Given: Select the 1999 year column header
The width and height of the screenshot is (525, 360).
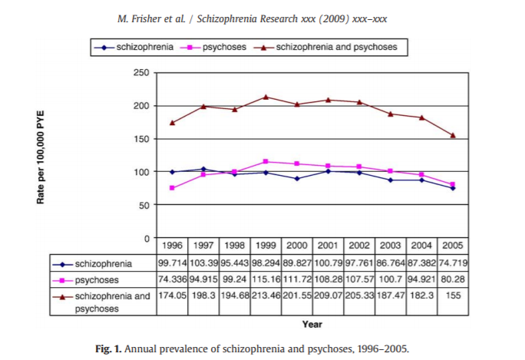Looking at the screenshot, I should (265, 246).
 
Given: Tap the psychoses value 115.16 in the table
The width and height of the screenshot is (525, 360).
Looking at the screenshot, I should (265, 279).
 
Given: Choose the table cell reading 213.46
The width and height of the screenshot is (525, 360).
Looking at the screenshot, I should (265, 296).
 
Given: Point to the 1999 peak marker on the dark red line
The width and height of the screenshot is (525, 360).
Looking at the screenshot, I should (265, 97).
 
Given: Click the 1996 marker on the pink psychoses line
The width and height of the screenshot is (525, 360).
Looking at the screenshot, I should (173, 188).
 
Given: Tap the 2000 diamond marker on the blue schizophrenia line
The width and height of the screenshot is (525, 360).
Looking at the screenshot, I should (296, 178).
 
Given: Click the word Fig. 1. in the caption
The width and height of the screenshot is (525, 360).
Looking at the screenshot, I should (107, 349).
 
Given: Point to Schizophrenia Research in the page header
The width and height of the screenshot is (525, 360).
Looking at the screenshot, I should (250, 18).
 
